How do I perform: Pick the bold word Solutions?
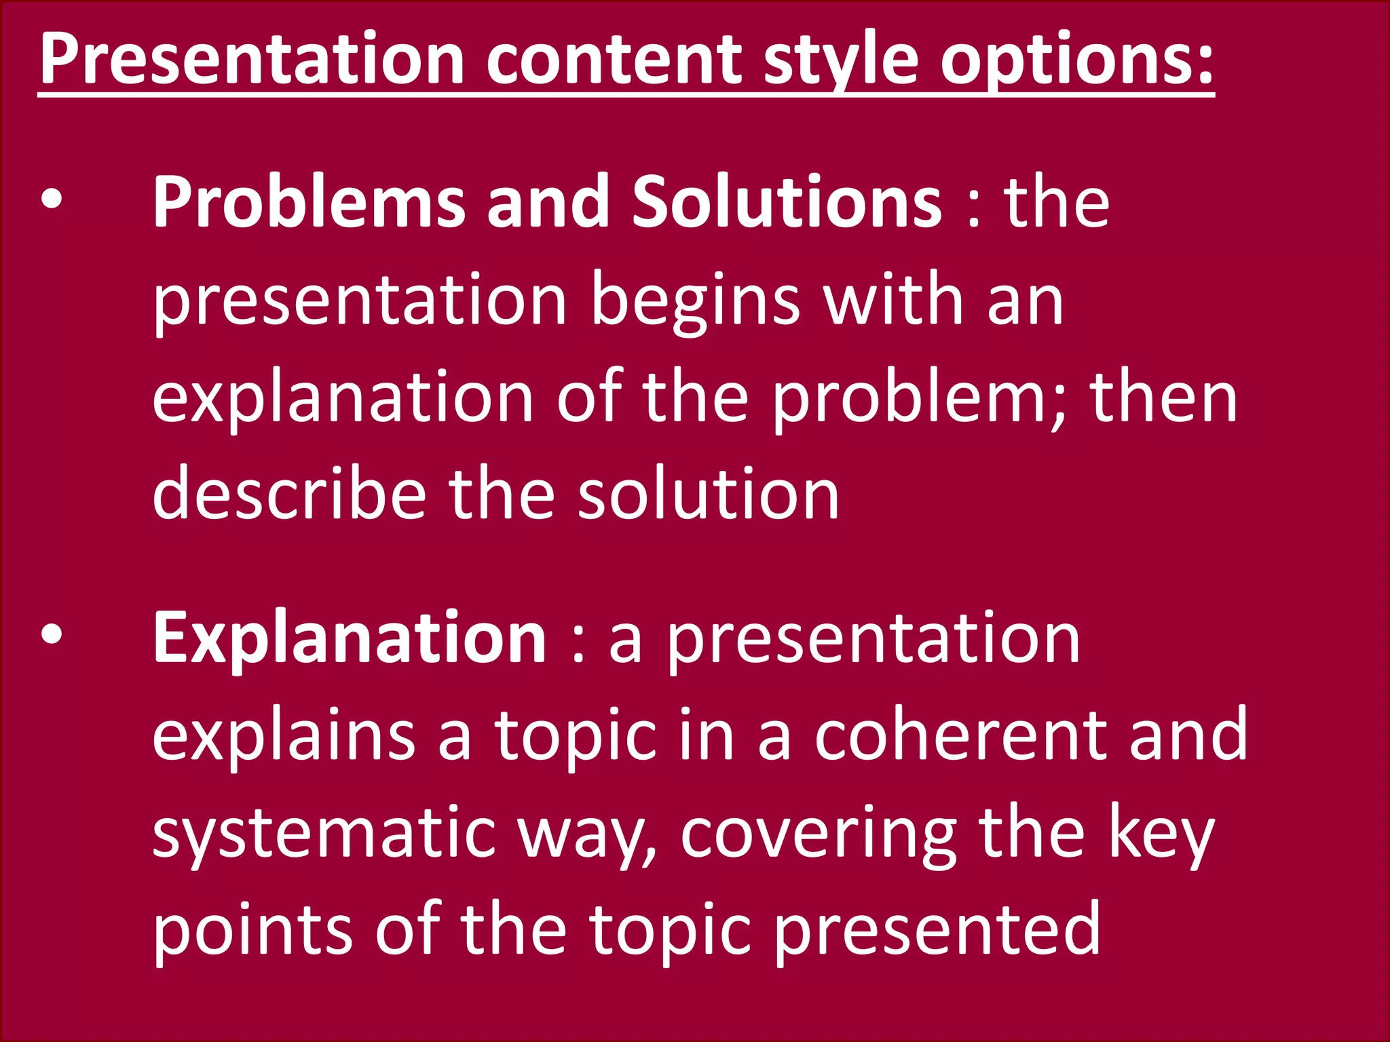coord(787,202)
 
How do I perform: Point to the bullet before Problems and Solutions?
coord(52,201)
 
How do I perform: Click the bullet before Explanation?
coord(52,634)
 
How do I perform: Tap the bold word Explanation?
coord(350,638)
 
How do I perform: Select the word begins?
coord(695,300)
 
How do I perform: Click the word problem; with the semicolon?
coord(920,398)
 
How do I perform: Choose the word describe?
coord(289,494)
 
